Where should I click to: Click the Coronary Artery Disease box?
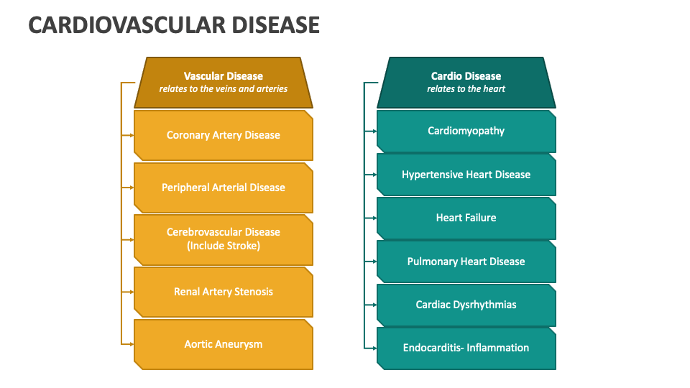tap(224, 135)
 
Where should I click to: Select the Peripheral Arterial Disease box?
tap(224, 188)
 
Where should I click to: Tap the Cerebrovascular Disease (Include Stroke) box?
tap(224, 239)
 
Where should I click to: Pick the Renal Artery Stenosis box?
tap(224, 292)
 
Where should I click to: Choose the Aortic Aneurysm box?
tap(224, 344)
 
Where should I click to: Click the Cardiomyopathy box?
tap(466, 131)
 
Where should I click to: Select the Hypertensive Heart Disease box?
tap(466, 175)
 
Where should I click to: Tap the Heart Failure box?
tap(466, 218)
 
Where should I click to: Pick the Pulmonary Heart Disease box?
tap(466, 262)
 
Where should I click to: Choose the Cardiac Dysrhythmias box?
tap(466, 305)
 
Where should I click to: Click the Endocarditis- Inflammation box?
tap(466, 348)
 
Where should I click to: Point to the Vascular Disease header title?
tap(224, 76)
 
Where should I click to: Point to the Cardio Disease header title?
tap(466, 76)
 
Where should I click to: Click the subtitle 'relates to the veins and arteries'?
tap(224, 89)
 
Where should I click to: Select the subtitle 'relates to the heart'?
tap(466, 89)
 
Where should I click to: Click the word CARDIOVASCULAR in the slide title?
tap(121, 25)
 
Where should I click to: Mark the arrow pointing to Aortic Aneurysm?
tap(128, 344)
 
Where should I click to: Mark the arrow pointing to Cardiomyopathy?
tap(371, 131)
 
